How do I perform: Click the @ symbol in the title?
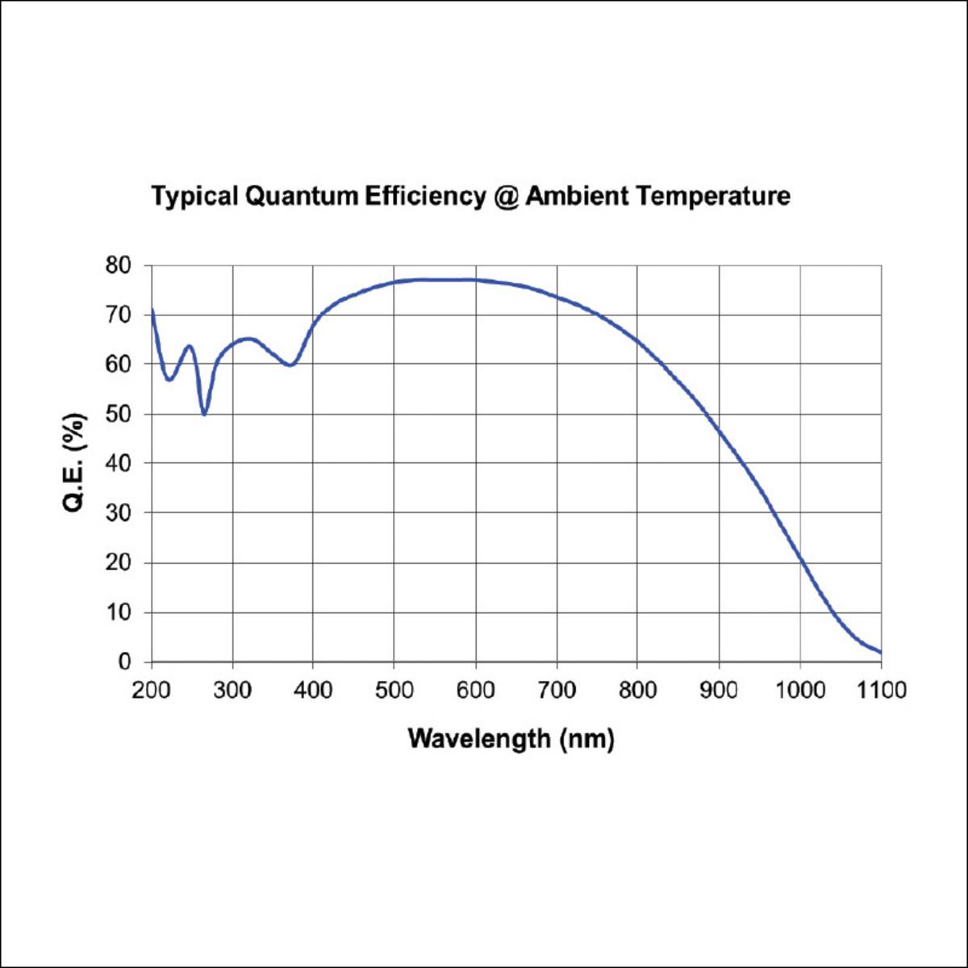pyautogui.click(x=505, y=197)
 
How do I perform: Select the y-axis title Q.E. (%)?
pyautogui.click(x=74, y=463)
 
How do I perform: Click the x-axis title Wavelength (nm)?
pyautogui.click(x=511, y=740)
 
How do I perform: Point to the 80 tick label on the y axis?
pyautogui.click(x=118, y=265)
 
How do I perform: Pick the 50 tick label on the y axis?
pyautogui.click(x=118, y=415)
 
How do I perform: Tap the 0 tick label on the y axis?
pyautogui.click(x=124, y=662)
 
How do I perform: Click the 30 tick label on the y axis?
pyautogui.click(x=118, y=513)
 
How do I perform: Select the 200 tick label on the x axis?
pyautogui.click(x=151, y=691)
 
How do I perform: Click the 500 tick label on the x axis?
pyautogui.click(x=394, y=691)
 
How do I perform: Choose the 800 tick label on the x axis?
pyautogui.click(x=637, y=691)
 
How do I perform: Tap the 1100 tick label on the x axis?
pyautogui.click(x=882, y=691)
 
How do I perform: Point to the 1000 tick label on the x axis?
pyautogui.click(x=800, y=691)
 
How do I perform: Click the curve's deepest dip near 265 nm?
pyautogui.click(x=204, y=415)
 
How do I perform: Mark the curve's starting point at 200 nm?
pyautogui.click(x=152, y=310)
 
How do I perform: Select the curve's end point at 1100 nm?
pyautogui.click(x=881, y=653)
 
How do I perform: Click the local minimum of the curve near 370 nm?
pyautogui.click(x=290, y=365)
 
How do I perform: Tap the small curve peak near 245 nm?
pyautogui.click(x=190, y=346)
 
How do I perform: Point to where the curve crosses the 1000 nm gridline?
pyautogui.click(x=800, y=558)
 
